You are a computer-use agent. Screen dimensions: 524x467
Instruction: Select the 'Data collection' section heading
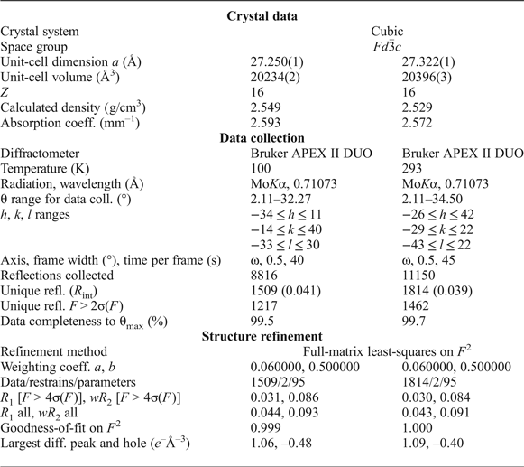pos(262,137)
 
